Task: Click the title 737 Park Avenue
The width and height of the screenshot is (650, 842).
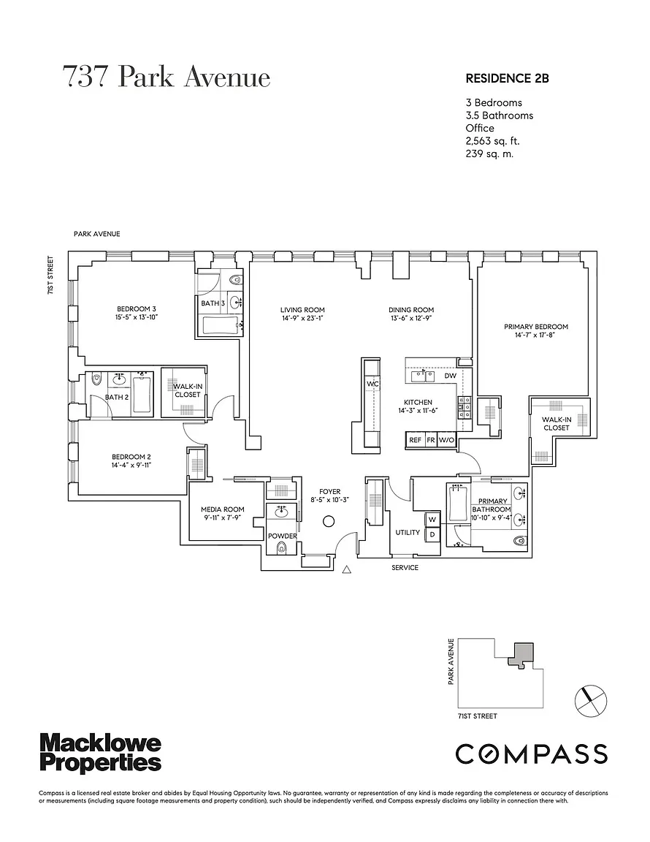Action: click(167, 77)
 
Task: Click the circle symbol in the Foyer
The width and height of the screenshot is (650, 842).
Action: click(329, 520)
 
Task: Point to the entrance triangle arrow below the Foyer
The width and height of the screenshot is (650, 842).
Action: click(348, 569)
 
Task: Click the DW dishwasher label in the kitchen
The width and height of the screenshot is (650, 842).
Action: click(450, 376)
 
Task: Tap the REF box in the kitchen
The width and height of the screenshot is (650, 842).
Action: click(415, 440)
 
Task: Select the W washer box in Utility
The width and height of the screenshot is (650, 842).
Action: click(432, 520)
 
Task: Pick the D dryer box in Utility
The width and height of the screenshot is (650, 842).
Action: click(432, 534)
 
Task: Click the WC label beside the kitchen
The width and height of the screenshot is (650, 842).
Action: click(372, 383)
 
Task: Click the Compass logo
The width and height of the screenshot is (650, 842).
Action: click(532, 753)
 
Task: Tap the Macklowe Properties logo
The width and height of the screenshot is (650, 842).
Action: click(100, 754)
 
